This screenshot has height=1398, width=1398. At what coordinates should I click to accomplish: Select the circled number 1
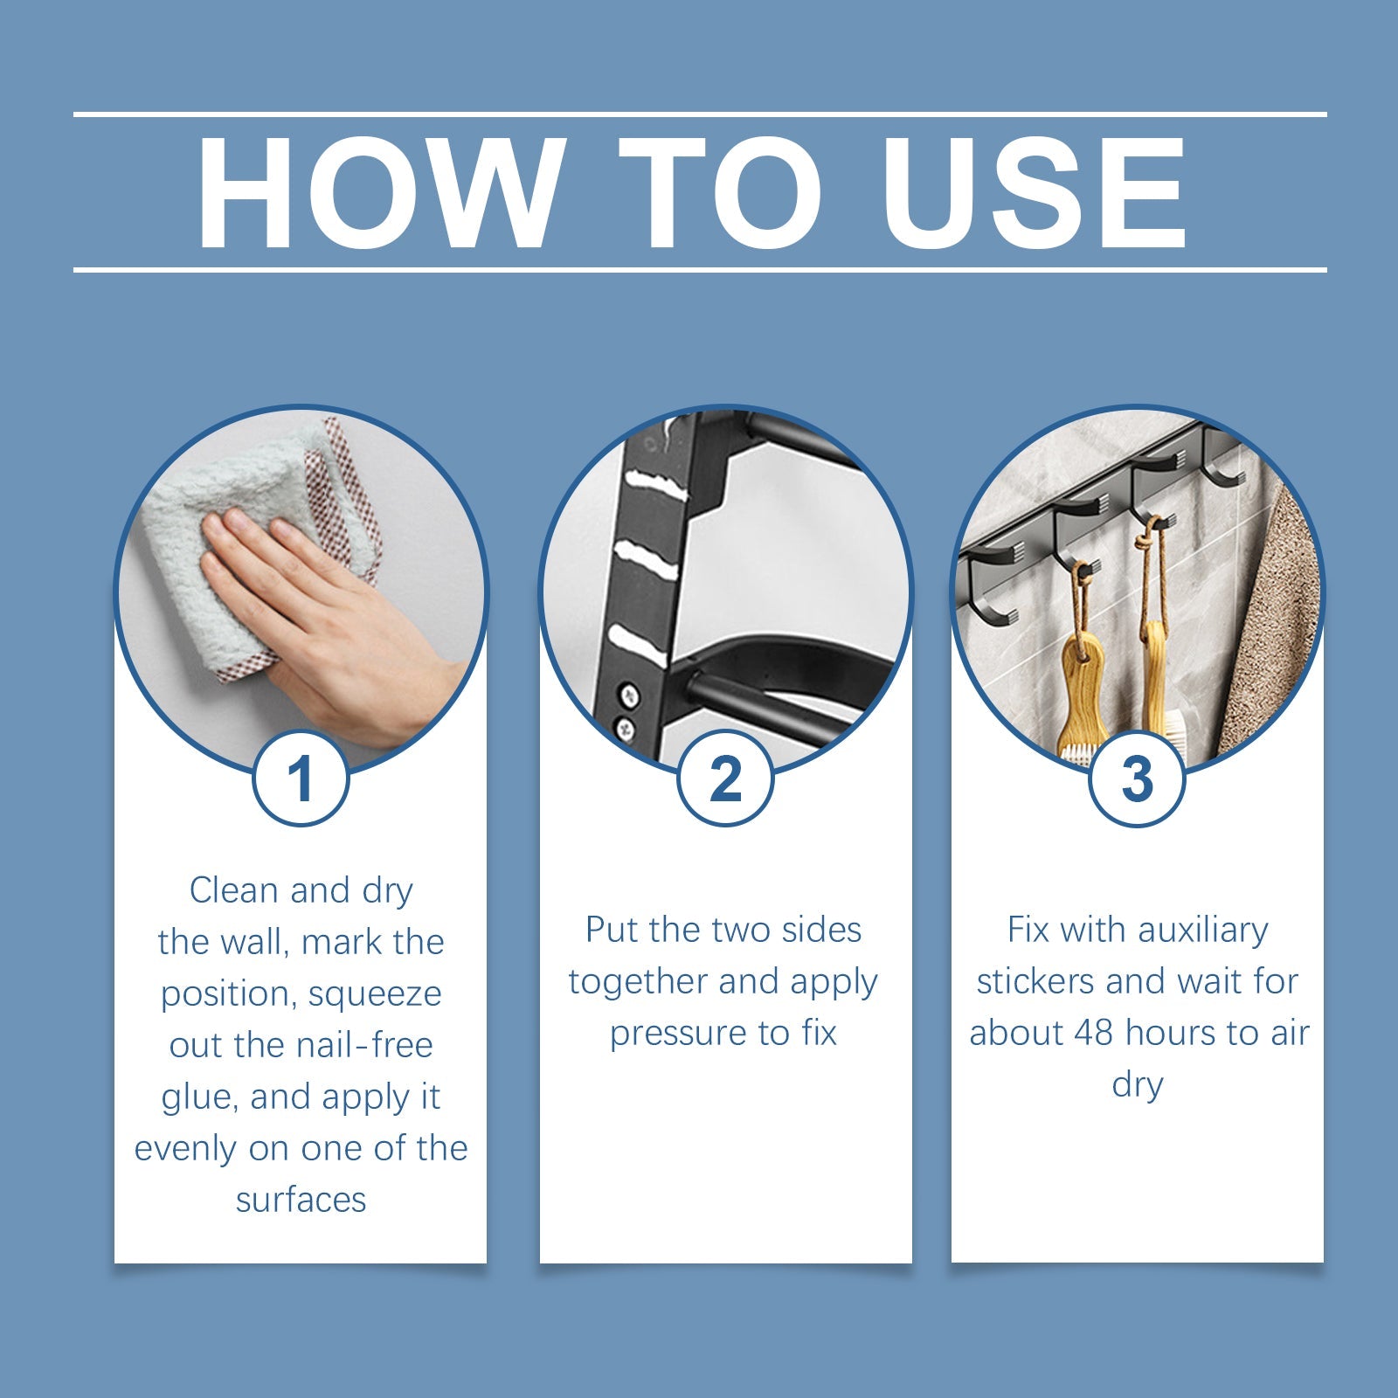pos(301,779)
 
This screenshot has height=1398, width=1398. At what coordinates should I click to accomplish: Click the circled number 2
pos(725,779)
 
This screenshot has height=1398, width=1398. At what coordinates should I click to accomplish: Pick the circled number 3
pos(1137,779)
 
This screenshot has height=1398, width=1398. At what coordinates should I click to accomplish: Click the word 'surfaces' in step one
pos(301,1200)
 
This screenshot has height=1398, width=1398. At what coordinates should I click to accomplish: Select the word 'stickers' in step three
pos(1035,982)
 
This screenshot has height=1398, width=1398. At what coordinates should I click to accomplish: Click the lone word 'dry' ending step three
pos(1137,1085)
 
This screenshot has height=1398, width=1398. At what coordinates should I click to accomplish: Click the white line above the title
pos(699,114)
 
